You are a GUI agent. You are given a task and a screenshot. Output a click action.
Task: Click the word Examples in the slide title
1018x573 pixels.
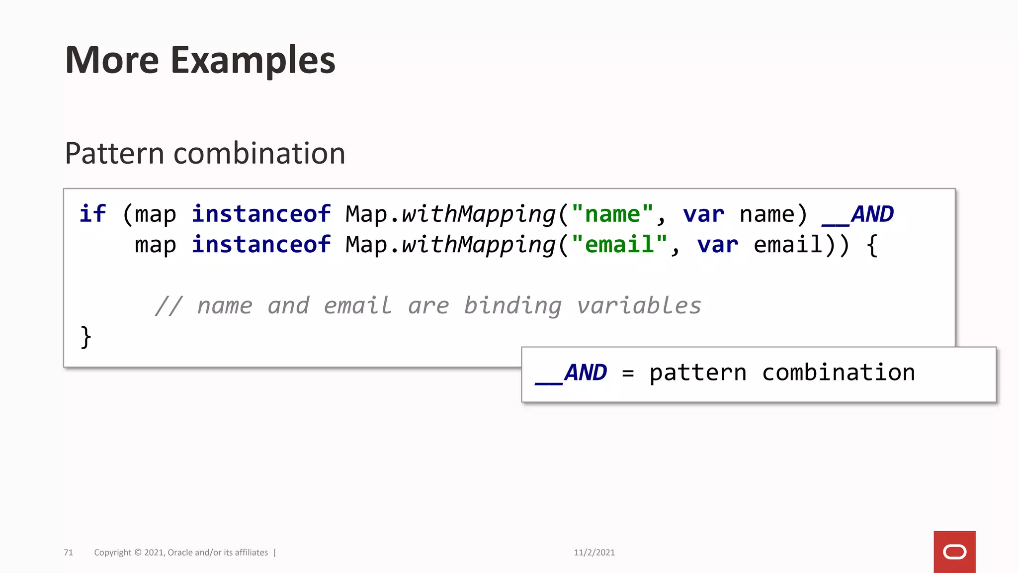pos(253,61)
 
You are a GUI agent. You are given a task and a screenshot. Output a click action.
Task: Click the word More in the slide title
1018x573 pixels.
pos(112,61)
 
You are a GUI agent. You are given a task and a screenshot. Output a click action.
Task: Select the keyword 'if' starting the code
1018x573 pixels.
pos(92,214)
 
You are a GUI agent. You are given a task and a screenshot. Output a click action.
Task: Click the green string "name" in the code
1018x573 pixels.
pos(612,214)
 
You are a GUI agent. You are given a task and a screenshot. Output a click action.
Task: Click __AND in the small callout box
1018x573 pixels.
pos(571,373)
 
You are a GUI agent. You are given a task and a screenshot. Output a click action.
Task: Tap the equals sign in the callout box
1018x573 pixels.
pos(628,373)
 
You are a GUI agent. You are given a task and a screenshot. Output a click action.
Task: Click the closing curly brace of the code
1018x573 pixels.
pos(86,337)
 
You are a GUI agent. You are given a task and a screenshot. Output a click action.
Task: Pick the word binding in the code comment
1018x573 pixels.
pos(512,306)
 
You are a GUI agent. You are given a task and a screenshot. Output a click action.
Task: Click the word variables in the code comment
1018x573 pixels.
pos(639,306)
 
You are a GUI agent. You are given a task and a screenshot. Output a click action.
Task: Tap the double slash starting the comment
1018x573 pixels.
pos(169,306)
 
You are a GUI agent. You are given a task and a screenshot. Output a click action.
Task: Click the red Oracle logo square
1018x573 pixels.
pos(954,552)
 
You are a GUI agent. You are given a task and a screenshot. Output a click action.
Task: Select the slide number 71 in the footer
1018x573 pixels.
pos(69,553)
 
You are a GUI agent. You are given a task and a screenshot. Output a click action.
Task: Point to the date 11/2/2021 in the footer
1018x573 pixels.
pos(594,553)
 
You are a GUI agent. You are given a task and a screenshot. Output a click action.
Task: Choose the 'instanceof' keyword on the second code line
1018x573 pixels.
pos(261,245)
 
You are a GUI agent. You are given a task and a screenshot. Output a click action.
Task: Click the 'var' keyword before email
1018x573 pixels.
pos(717,245)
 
